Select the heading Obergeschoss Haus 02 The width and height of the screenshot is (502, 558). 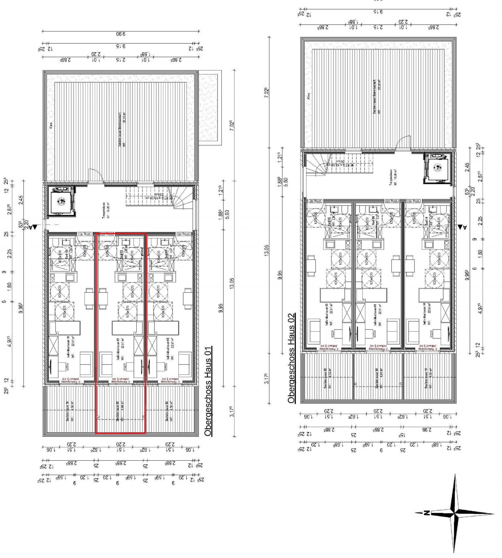pos(291,358)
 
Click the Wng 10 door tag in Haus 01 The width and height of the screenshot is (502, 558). pos(84,234)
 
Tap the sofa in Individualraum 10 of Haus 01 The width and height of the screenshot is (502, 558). pos(86,363)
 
